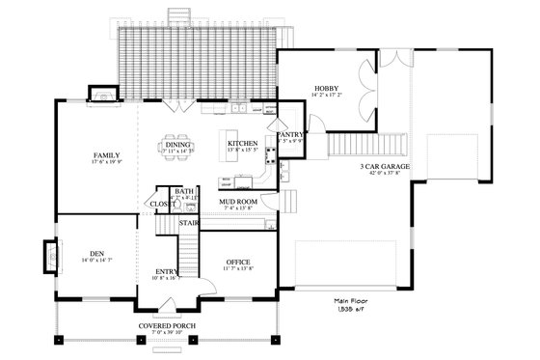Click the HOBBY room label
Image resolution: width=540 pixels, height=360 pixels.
[323, 88]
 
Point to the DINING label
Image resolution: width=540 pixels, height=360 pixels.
[177, 144]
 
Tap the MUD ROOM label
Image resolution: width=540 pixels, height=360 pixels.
[237, 200]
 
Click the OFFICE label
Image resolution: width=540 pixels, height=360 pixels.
[238, 263]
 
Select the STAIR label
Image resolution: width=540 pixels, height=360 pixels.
[189, 223]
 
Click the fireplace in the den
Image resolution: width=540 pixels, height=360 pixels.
[48, 256]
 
